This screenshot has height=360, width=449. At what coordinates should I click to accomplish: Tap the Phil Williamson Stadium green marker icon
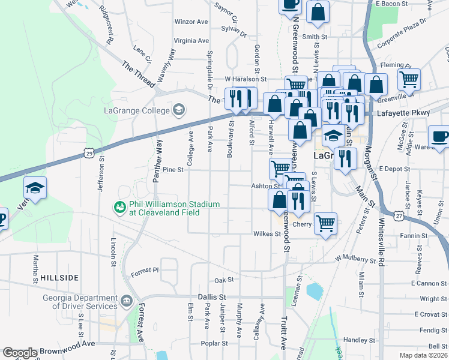[x=120, y=208]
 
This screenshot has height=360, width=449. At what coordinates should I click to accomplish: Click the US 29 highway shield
[x=88, y=154]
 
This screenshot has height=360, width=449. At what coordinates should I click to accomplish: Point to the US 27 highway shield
[x=399, y=215]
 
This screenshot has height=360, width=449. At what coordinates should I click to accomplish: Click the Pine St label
[x=173, y=170]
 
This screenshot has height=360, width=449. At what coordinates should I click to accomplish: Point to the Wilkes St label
[x=267, y=234]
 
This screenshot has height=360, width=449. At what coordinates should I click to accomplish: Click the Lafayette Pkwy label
[x=403, y=113]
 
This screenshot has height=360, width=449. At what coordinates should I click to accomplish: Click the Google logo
[x=20, y=353]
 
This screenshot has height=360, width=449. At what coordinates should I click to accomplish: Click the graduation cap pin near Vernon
[x=35, y=188]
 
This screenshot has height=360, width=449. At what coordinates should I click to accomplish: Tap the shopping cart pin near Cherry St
[x=325, y=223]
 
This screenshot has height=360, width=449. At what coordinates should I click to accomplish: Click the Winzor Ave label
[x=191, y=22]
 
